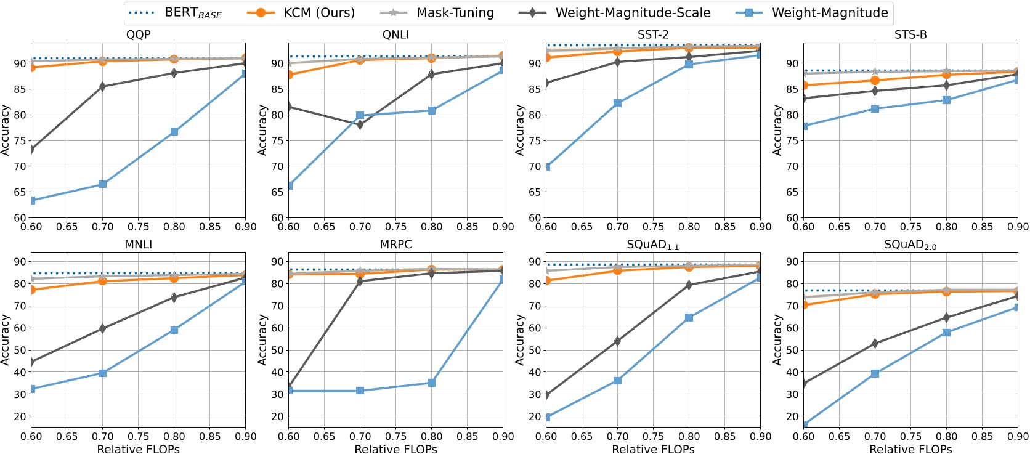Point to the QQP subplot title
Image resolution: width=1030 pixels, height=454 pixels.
(138, 35)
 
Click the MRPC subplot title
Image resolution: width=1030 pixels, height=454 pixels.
(395, 245)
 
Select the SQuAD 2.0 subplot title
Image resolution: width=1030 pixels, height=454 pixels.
(910, 245)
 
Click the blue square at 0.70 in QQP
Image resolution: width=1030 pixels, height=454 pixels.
(102, 184)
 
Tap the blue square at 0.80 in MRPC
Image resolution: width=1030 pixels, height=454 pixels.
(432, 383)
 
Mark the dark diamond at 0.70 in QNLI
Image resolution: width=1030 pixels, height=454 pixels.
(360, 124)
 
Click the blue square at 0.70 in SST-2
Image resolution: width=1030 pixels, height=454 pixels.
(618, 103)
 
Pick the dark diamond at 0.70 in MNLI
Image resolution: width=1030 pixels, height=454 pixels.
(102, 328)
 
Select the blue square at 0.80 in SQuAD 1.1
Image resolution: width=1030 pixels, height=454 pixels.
(689, 317)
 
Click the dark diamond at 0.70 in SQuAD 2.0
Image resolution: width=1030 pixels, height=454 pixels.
(875, 343)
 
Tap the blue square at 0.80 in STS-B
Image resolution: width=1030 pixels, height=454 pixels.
(947, 100)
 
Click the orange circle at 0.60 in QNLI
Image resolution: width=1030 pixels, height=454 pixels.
(289, 75)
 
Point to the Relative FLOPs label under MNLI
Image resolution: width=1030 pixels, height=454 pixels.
(138, 449)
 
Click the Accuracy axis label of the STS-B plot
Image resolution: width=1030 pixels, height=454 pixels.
(777, 130)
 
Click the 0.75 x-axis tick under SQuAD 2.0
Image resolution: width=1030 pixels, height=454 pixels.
(911, 436)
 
